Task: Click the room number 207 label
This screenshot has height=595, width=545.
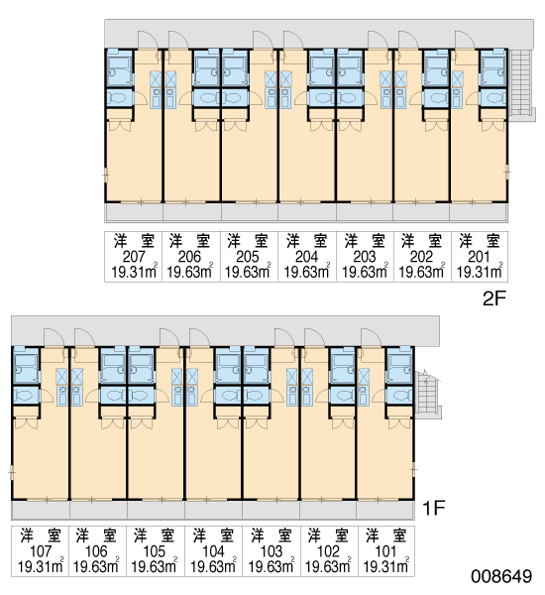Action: click(x=134, y=257)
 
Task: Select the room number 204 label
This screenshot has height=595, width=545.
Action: click(x=306, y=257)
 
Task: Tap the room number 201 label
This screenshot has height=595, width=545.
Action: click(x=479, y=257)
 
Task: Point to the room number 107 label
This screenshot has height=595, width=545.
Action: click(x=41, y=551)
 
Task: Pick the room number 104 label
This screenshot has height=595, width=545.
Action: click(x=213, y=551)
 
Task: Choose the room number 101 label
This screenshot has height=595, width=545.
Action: click(x=385, y=551)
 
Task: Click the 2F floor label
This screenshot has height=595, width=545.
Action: click(x=494, y=299)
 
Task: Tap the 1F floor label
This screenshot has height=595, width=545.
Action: click(x=433, y=508)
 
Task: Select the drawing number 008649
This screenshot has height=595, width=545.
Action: click(x=501, y=576)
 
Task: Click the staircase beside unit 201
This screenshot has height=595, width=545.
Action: click(x=521, y=82)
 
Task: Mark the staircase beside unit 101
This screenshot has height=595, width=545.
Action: click(x=427, y=395)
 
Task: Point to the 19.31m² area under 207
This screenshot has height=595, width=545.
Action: click(x=134, y=271)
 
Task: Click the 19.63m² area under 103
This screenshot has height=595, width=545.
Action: click(x=272, y=565)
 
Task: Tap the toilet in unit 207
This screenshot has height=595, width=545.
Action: click(x=120, y=98)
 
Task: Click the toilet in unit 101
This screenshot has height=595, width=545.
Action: click(x=399, y=396)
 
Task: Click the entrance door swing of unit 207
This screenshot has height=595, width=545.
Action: click(x=148, y=40)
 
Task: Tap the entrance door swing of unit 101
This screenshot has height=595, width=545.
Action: click(x=372, y=338)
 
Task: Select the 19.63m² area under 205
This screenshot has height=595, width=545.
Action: click(x=248, y=271)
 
